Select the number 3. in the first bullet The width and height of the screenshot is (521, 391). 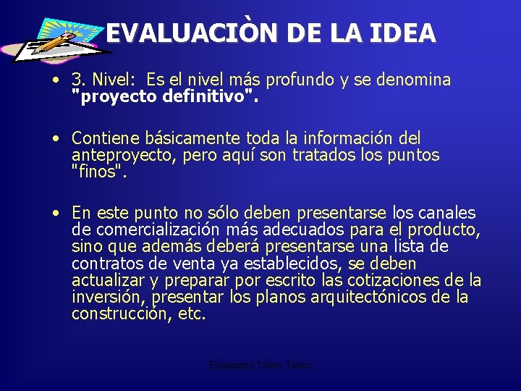(x=80, y=80)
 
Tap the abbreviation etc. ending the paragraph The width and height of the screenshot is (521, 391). (x=192, y=314)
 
